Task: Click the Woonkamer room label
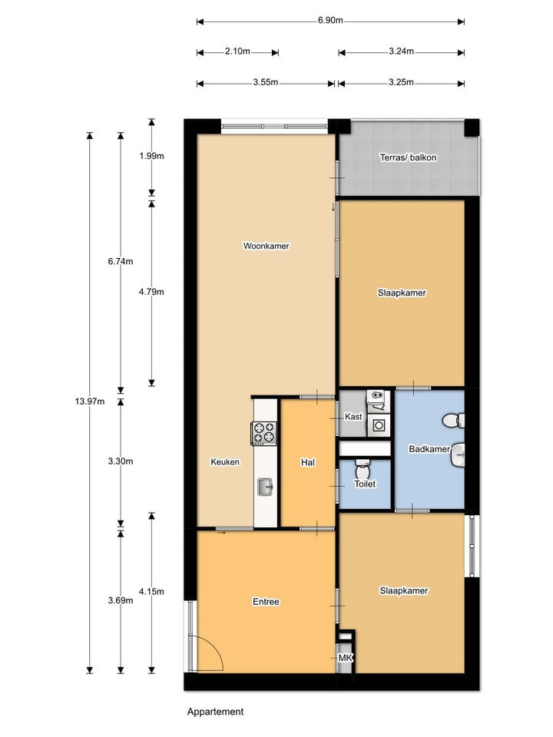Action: [266, 246]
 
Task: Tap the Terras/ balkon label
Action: [409, 157]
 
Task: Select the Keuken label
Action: [225, 462]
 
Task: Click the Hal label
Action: [308, 462]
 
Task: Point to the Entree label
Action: [266, 602]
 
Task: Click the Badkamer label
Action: [429, 449]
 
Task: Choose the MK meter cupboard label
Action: [345, 658]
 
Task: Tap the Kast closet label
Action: [353, 417]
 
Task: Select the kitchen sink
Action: [265, 485]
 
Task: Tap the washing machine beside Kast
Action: [378, 425]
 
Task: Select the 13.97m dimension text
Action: [90, 402]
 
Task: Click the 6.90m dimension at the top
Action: [330, 21]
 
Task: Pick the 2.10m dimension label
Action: [237, 51]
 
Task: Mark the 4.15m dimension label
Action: [151, 591]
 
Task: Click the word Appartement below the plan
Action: [215, 712]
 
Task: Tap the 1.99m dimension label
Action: [151, 156]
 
